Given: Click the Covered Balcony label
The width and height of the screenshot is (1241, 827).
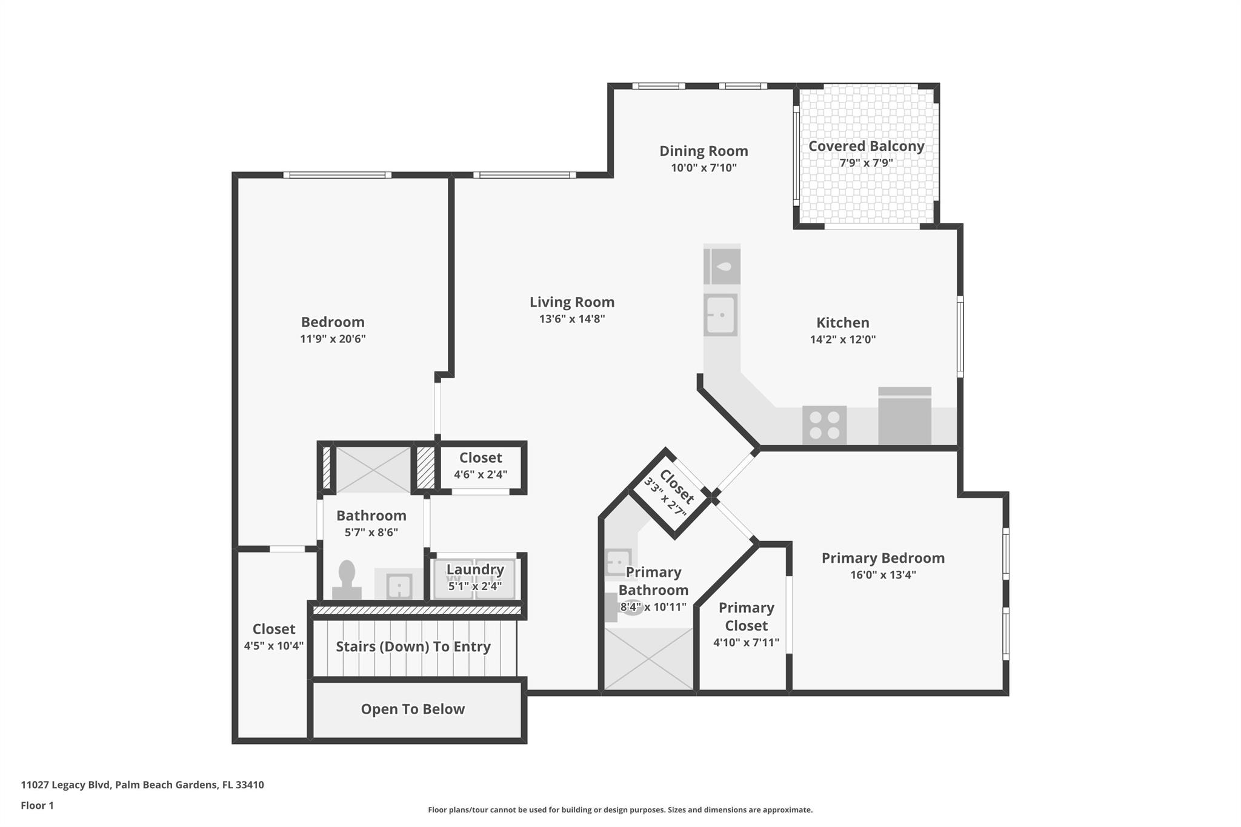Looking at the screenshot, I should [866, 146].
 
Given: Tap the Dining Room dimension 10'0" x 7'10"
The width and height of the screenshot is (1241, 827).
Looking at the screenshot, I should [704, 168].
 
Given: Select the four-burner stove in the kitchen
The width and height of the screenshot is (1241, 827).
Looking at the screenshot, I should [824, 425].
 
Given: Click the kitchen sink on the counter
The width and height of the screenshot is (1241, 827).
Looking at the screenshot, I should [720, 315].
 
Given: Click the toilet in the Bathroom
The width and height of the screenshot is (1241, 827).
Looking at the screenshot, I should [347, 580].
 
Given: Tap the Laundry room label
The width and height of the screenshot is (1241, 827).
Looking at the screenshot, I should [475, 570].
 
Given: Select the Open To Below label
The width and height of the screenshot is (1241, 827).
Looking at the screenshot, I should [413, 709].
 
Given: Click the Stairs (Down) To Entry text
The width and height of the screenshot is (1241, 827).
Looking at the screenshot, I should [413, 646].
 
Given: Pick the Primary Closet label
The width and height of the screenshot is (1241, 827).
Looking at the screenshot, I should [746, 616].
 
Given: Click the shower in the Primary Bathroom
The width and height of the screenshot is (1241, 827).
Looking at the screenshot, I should [648, 659].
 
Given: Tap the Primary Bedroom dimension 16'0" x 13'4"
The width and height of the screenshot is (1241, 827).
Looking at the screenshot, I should [883, 574].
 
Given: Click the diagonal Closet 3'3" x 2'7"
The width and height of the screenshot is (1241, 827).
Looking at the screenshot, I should [671, 494].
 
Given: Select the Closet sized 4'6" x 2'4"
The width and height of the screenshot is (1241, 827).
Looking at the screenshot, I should [481, 465].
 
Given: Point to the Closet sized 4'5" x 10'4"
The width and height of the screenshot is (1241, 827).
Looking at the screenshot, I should [273, 637].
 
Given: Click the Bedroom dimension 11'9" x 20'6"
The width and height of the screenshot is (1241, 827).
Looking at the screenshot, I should [333, 339].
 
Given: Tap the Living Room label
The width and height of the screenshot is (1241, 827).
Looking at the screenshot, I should [571, 302].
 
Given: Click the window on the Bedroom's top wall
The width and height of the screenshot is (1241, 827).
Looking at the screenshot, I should [337, 175].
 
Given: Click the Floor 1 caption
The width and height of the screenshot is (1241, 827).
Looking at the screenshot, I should [37, 805].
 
